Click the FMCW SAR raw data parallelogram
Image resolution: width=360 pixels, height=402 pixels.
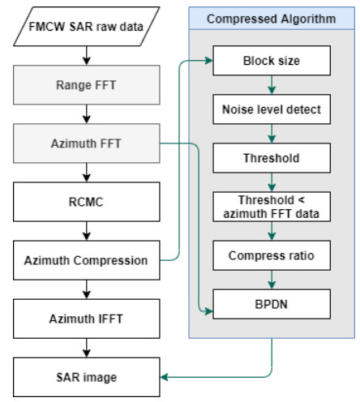pyautogui.click(x=87, y=27)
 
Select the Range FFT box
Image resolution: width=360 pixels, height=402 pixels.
pyautogui.click(x=87, y=85)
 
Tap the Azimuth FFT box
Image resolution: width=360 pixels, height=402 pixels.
pyautogui.click(x=87, y=143)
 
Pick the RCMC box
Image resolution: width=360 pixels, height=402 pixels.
pyautogui.click(x=87, y=202)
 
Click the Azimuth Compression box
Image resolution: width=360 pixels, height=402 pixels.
pyautogui.click(x=87, y=260)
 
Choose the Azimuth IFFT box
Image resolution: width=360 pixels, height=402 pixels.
pyautogui.click(x=87, y=319)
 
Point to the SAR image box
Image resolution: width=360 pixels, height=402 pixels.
pyautogui.click(x=87, y=377)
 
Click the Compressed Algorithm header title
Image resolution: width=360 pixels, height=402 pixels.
pyautogui.click(x=272, y=19)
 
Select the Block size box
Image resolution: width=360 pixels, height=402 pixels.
pyautogui.click(x=272, y=61)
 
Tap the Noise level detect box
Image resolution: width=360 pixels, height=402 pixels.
pyautogui.click(x=272, y=109)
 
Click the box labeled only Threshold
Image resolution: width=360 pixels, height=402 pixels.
pyautogui.click(x=272, y=158)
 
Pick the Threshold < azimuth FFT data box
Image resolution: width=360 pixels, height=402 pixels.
pyautogui.click(x=272, y=207)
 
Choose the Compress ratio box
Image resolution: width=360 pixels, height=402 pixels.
pyautogui.click(x=272, y=255)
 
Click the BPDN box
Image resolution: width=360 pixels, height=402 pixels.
pyautogui.click(x=272, y=304)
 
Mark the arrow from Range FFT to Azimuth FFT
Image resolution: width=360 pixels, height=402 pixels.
pyautogui.click(x=87, y=114)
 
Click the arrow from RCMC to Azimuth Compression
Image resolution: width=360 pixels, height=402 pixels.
pyautogui.click(x=87, y=231)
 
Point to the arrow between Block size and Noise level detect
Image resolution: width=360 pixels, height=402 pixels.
pyautogui.click(x=272, y=85)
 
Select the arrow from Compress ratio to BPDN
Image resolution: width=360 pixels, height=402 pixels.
pyautogui.click(x=272, y=280)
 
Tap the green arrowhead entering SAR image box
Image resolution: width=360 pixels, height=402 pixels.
pyautogui.click(x=165, y=377)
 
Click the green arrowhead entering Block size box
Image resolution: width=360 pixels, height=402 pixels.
pyautogui.click(x=209, y=61)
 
